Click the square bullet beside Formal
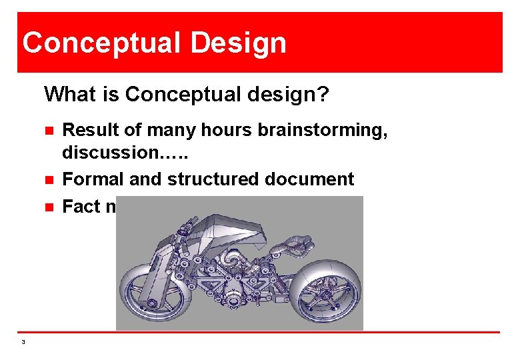(x=48, y=179)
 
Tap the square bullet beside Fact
(x=48, y=207)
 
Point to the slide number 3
(x=23, y=342)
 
